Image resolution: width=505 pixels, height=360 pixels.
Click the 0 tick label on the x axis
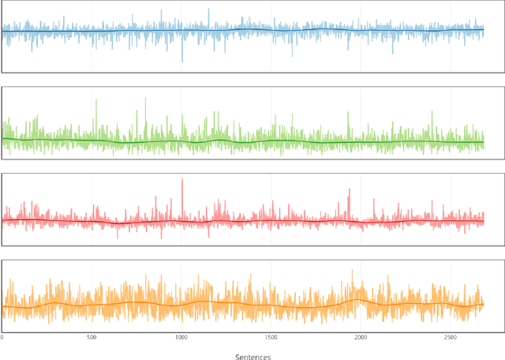(2, 337)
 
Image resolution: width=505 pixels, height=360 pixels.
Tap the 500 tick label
(92, 337)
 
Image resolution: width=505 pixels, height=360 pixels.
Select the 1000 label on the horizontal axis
(181, 337)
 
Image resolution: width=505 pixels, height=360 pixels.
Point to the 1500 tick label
(271, 337)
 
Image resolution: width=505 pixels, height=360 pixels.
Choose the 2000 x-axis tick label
(361, 337)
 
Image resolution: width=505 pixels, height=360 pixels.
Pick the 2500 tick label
(451, 337)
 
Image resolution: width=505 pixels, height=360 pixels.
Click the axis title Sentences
(252, 356)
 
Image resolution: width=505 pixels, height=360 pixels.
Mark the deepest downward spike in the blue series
(182, 61)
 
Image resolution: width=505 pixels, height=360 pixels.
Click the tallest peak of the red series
(182, 179)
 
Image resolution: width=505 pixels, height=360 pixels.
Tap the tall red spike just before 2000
(349, 189)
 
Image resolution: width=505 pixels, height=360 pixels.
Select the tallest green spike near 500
(95, 100)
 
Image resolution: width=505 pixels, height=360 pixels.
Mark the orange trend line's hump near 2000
(359, 298)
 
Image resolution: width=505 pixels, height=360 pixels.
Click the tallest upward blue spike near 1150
(209, 9)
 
